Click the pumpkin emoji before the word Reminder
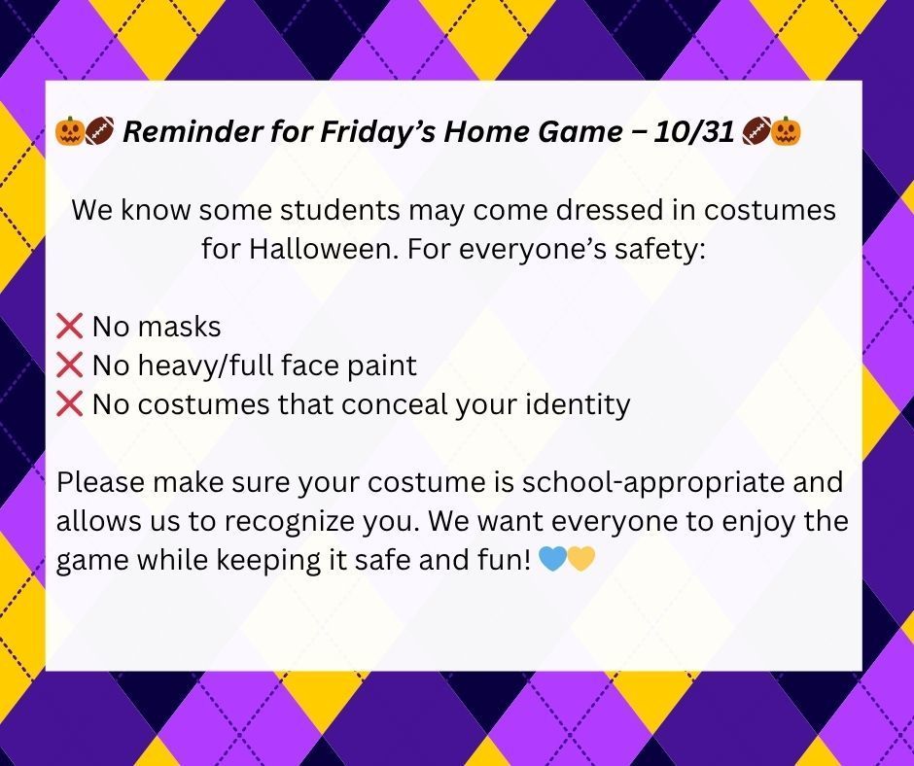[70, 132]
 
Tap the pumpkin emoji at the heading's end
[787, 132]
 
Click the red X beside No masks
[70, 327]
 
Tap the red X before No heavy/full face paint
[70, 366]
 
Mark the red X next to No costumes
[70, 404]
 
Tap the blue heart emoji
[550, 560]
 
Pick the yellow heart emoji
[580, 560]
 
